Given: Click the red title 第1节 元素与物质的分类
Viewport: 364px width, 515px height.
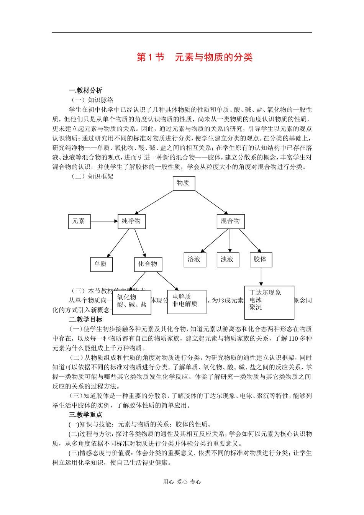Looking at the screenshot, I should [x=195, y=57].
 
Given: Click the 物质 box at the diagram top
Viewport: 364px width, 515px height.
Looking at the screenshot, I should [x=184, y=183].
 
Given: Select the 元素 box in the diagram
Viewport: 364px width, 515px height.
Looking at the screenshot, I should [x=79, y=221].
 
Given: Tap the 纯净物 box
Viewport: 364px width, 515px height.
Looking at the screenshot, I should [x=131, y=221].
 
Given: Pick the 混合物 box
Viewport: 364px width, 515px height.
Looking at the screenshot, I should [x=230, y=221].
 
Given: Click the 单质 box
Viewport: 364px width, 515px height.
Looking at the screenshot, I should [x=101, y=264].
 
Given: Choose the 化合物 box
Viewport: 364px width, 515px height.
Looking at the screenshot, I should [x=148, y=264].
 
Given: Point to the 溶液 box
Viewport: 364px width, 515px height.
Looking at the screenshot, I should [x=194, y=259].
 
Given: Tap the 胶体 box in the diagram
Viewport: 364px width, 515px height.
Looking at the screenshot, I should [x=261, y=259].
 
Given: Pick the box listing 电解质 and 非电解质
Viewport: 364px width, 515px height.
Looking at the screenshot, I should [x=186, y=302].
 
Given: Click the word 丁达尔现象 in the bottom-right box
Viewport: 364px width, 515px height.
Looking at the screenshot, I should [x=265, y=292].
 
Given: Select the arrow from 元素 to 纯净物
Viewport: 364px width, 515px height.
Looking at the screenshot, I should [x=104, y=221].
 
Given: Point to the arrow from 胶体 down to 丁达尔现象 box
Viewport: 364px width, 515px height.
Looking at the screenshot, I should [x=261, y=276].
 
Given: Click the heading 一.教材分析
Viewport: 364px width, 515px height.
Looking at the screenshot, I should [x=85, y=90].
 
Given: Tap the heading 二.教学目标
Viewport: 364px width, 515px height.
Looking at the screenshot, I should [x=85, y=319].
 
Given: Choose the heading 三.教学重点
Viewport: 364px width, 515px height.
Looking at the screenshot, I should [x=85, y=415].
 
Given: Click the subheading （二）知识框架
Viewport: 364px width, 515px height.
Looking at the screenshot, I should [x=92, y=176].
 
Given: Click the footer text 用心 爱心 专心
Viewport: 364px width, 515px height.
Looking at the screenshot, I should [x=182, y=482].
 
